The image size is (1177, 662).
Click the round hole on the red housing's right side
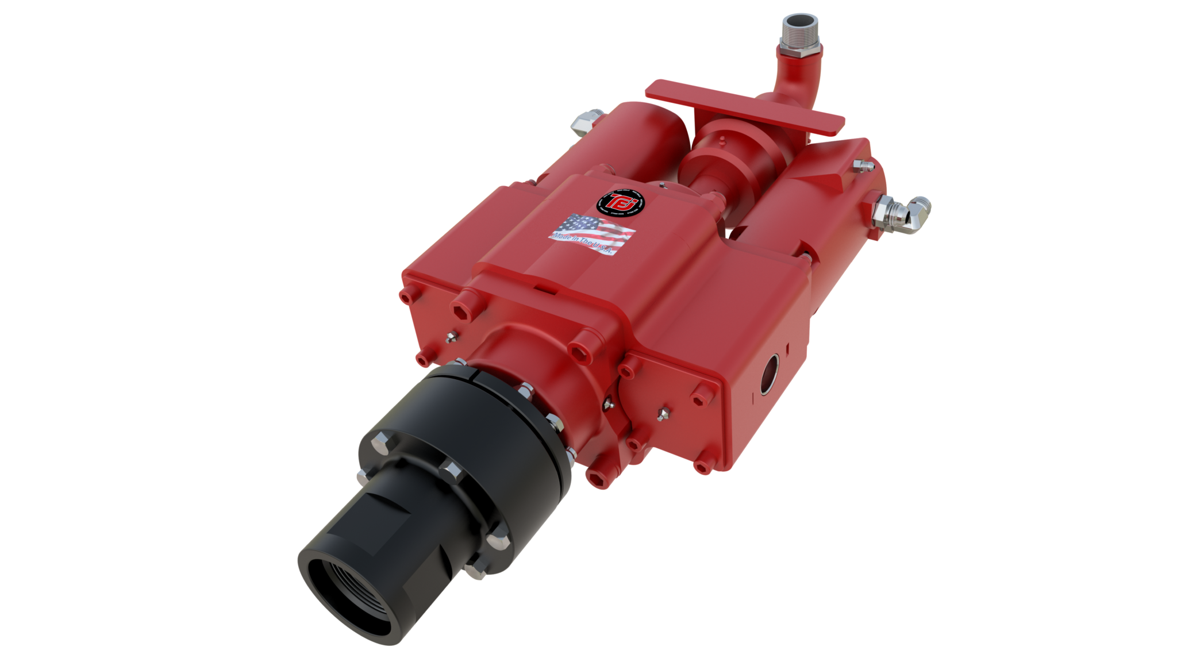pos(770,373)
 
